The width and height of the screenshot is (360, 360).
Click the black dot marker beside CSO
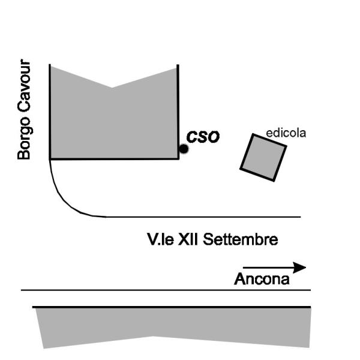coord(184,148)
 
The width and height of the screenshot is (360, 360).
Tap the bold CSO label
coord(203,137)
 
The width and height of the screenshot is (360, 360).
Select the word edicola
coord(286,133)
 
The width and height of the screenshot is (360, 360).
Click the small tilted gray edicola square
coord(263,157)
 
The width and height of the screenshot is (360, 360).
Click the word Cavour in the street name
coord(24,85)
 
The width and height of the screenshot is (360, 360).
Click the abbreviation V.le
coord(160,241)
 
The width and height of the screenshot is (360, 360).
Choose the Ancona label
coord(261,279)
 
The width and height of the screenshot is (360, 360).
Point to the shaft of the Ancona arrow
coord(267,268)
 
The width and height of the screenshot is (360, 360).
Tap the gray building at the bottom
coord(174,327)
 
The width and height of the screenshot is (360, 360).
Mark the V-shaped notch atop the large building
coord(112,88)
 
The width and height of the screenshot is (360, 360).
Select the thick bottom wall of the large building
coord(114,158)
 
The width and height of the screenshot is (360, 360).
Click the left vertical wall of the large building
coord(49,111)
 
